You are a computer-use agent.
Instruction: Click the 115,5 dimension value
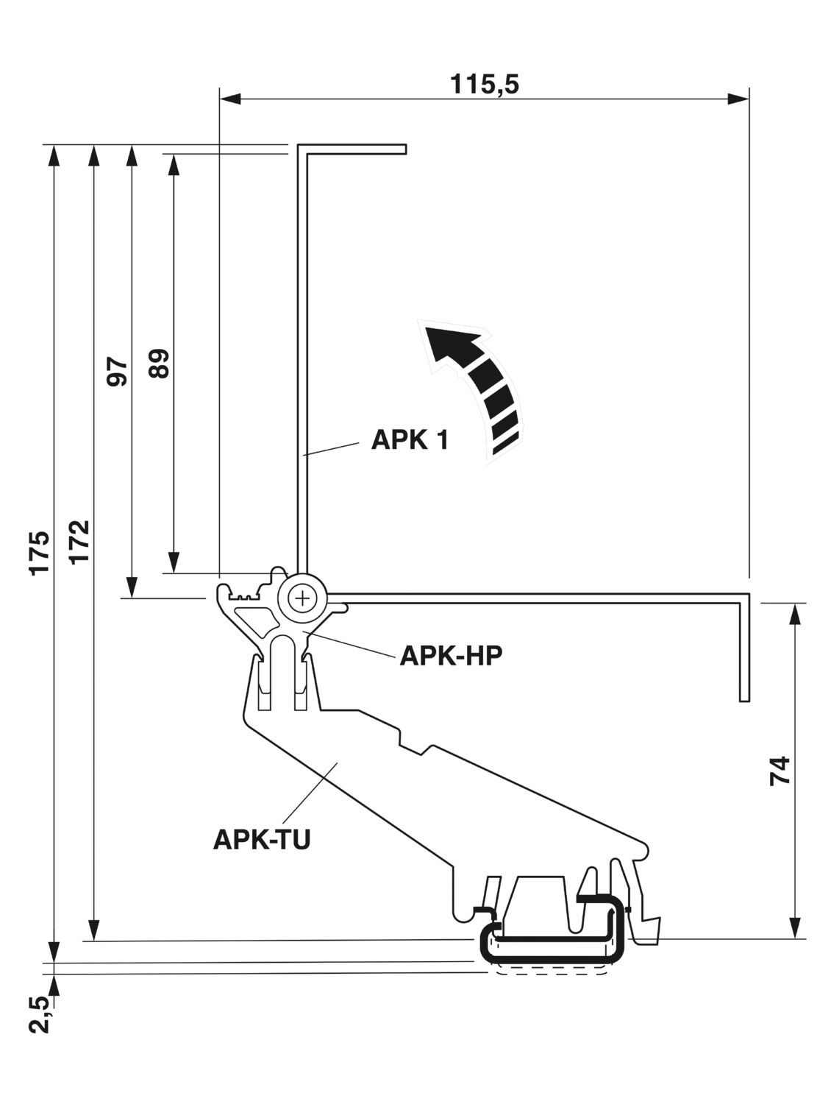click(x=485, y=85)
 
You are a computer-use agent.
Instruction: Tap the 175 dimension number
click(x=40, y=551)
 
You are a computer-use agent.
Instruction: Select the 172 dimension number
click(x=80, y=542)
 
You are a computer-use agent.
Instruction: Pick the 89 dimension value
click(x=159, y=363)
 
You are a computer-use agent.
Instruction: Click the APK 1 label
click(x=409, y=440)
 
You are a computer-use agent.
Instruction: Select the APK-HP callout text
click(x=450, y=655)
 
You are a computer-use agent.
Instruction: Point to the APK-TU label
click(x=261, y=839)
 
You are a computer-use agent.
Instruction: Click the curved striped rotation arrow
click(x=474, y=383)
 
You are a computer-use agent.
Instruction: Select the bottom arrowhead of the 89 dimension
click(x=173, y=563)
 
